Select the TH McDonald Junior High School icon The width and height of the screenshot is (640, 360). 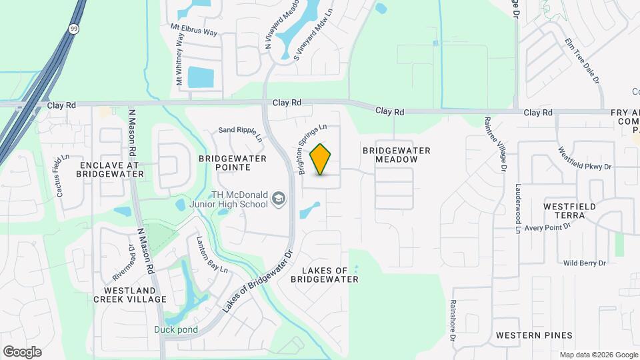click(278, 199)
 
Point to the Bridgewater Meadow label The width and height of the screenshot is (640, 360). click(396, 155)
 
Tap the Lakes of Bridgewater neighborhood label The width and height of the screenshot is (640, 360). click(325, 275)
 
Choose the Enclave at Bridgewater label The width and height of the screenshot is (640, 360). click(111, 169)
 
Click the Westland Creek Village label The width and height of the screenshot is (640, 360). click(135, 295)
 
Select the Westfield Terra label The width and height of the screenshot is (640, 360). click(569, 211)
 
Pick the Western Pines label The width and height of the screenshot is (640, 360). click(534, 335)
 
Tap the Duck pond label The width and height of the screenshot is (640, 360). click(173, 329)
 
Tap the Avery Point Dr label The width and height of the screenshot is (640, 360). click(548, 228)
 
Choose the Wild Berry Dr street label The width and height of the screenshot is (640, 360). click(584, 263)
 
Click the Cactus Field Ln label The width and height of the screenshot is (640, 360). click(63, 177)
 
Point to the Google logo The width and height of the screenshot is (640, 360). click(22, 352)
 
